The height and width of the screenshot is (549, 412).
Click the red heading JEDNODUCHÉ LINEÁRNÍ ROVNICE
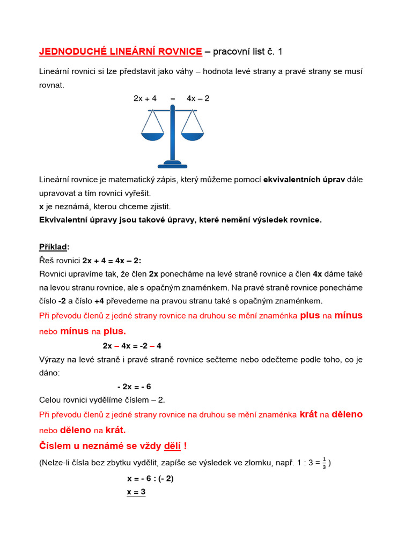coord(121,51)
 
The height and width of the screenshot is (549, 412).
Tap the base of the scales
coord(172,164)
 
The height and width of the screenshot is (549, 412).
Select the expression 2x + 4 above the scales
coord(145,99)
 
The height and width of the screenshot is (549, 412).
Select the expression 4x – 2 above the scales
coord(198,99)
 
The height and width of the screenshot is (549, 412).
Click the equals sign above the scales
coord(173,99)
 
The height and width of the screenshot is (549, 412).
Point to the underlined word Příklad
coord(54,247)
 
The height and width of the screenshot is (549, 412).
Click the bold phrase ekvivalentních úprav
coord(304,179)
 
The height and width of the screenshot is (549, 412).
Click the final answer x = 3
coord(136,492)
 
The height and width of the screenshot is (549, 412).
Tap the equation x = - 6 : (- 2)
coord(150,479)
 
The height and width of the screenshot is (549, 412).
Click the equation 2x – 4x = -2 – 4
coord(132,346)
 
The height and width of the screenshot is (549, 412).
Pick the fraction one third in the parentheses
coord(325,463)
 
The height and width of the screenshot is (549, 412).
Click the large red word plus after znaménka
coord(310,316)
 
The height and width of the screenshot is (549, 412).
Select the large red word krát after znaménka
coord(308,414)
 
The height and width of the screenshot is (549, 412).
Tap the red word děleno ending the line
coord(347,414)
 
